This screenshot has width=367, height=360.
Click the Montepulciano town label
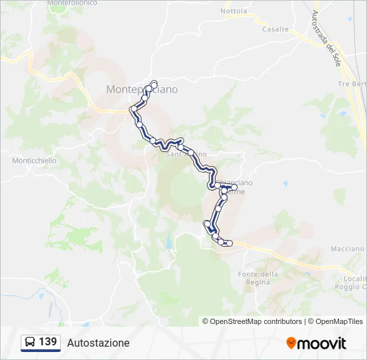[141, 89]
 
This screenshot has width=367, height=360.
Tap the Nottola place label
[234, 11]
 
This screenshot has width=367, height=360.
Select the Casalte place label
[275, 29]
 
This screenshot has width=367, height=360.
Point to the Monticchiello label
[34, 161]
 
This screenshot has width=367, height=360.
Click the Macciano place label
[347, 249]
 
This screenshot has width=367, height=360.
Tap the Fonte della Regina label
[258, 278]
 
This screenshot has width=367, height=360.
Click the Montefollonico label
[72, 3]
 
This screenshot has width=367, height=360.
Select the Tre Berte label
[352, 84]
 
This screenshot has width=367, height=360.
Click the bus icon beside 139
[31, 342]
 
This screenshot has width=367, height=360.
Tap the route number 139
[48, 342]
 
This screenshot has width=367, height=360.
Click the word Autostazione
[98, 343]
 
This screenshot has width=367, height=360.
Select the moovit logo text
[322, 343]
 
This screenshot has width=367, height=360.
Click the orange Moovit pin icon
[291, 343]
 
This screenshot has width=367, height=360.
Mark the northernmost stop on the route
[154, 83]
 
